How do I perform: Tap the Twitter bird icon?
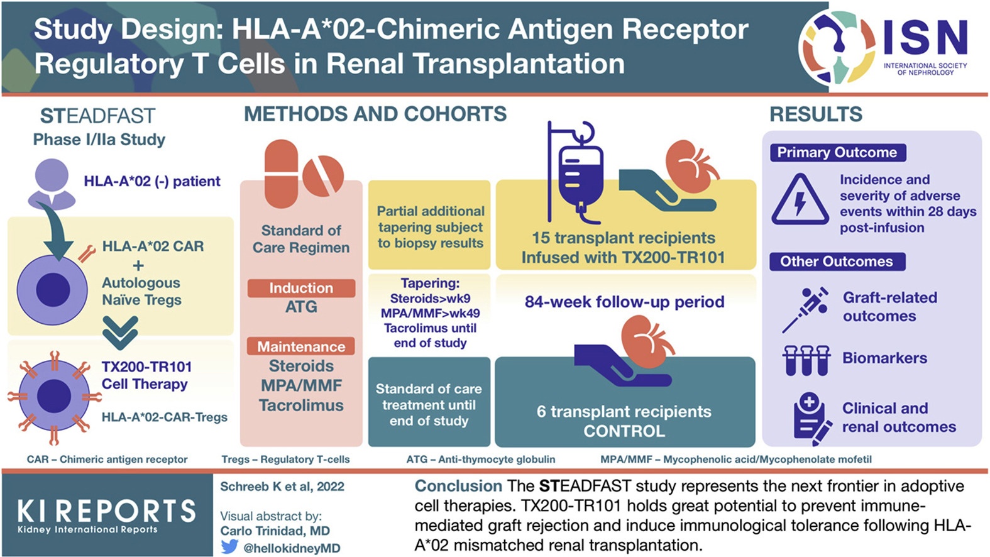coord(229,546)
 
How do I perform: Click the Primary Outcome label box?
coord(837,153)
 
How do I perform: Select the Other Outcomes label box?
coord(837,262)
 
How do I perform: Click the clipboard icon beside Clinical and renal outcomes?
coord(811,417)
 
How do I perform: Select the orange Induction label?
coord(301,288)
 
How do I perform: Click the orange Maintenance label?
coord(301,346)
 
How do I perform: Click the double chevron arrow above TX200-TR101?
coord(120,333)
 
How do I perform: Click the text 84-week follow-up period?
coord(624,302)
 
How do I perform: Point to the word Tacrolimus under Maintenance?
coord(301,405)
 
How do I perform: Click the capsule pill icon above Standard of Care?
coord(281,174)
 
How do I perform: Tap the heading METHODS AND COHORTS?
coord(375,114)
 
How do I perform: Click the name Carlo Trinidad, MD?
coord(275,531)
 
